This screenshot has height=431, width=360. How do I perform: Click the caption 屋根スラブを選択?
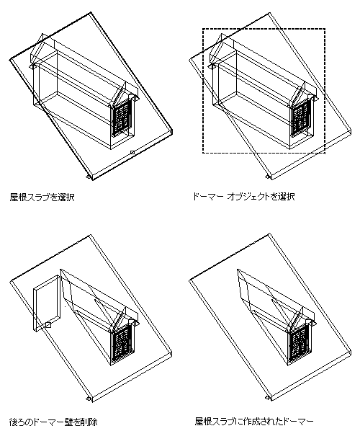[x=42, y=197]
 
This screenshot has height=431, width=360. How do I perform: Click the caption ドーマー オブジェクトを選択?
[x=243, y=197]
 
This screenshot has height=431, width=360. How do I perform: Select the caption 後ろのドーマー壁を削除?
[x=53, y=422]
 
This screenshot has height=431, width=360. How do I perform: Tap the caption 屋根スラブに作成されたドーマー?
[x=254, y=422]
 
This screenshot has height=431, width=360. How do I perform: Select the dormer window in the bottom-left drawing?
[x=122, y=342]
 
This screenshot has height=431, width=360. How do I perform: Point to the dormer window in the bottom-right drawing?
[x=300, y=344]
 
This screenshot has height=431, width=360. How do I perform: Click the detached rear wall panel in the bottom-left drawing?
[x=46, y=303]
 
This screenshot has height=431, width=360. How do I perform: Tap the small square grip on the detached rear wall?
[x=48, y=325]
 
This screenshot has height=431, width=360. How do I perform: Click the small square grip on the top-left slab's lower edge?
[x=132, y=152]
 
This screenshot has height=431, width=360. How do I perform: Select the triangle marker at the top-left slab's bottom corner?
[x=88, y=176]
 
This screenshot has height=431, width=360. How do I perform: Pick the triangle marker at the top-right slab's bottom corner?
[x=267, y=176]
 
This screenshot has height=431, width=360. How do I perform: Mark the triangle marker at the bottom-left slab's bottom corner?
[x=88, y=399]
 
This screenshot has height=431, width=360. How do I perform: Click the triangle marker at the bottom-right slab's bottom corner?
[x=267, y=399]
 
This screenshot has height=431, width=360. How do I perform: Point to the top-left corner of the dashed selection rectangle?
[x=203, y=29]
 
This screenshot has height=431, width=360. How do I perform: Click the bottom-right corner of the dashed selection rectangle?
[x=325, y=153]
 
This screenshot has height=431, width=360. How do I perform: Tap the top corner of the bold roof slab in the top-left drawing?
[x=90, y=13]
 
